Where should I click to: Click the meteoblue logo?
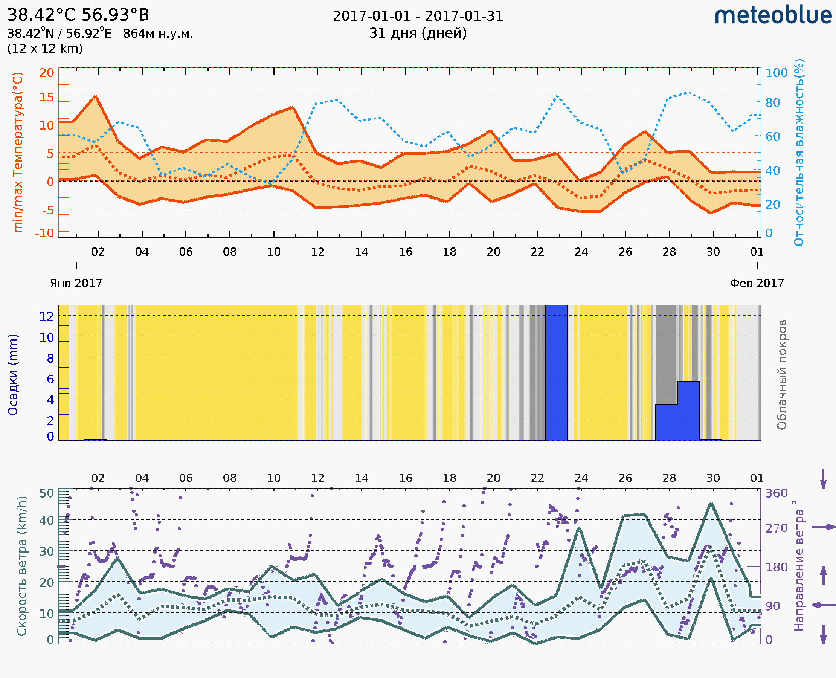tap(773, 15)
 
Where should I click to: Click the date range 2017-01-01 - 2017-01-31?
tap(418, 16)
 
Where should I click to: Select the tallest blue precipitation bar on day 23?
tap(557, 373)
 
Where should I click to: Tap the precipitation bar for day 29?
tap(688, 411)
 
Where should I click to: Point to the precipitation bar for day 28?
tap(666, 422)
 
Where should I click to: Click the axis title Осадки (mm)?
tap(13, 374)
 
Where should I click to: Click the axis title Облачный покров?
tap(781, 374)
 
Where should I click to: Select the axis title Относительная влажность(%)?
tap(799, 152)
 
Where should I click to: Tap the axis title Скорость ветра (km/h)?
tap(21, 566)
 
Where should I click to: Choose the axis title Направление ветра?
tap(799, 566)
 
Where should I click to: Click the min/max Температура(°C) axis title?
tap(18, 152)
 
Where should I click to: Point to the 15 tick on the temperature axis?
tap(46, 97)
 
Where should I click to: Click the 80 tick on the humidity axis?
tap(772, 103)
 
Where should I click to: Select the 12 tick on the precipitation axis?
tap(46, 316)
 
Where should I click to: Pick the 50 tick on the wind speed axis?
tap(46, 493)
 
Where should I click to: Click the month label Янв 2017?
tap(76, 283)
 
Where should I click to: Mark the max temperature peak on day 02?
tap(95, 96)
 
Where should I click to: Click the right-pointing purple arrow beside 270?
tap(823, 527)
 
